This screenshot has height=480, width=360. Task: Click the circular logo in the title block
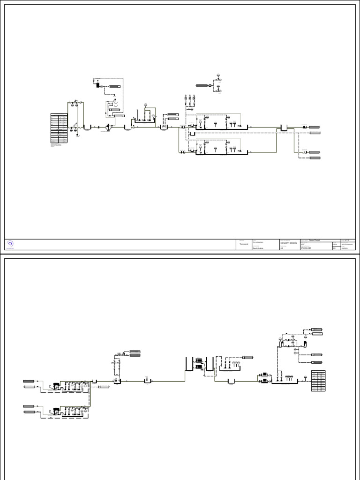(x=11, y=243)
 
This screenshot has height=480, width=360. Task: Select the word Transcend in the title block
(x=244, y=244)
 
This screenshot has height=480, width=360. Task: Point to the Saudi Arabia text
(x=258, y=248)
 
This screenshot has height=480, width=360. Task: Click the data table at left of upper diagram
(x=59, y=129)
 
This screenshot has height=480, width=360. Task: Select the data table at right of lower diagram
(x=319, y=381)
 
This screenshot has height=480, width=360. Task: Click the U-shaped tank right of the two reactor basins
(x=284, y=127)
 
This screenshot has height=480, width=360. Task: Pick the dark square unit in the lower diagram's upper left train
(x=57, y=386)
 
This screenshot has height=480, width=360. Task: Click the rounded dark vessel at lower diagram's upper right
(x=305, y=344)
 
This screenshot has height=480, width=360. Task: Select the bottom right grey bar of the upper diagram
(x=315, y=158)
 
